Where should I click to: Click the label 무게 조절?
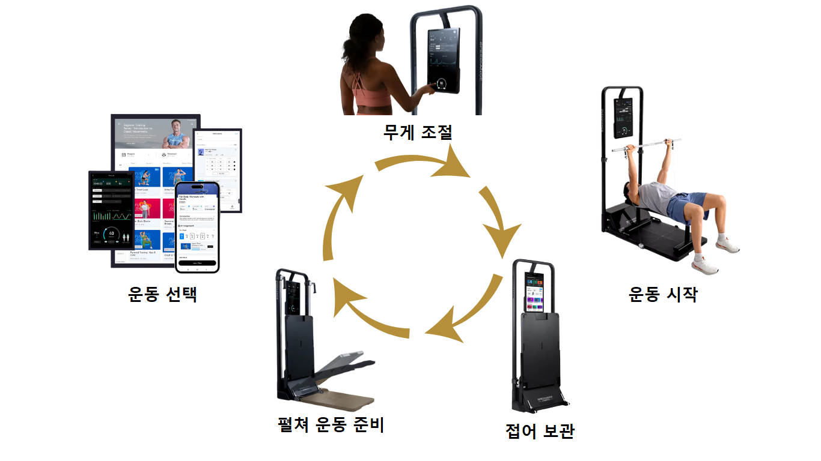pyautogui.click(x=418, y=131)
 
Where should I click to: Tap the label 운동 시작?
pyautogui.click(x=663, y=294)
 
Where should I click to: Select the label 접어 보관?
pyautogui.click(x=540, y=430)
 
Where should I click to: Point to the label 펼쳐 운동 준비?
pyautogui.click(x=331, y=425)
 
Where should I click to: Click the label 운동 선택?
pyautogui.click(x=163, y=294)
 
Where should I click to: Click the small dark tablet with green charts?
pyautogui.click(x=111, y=210)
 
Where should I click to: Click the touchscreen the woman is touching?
pyautogui.click(x=443, y=60)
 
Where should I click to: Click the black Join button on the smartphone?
pyautogui.click(x=197, y=263)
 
